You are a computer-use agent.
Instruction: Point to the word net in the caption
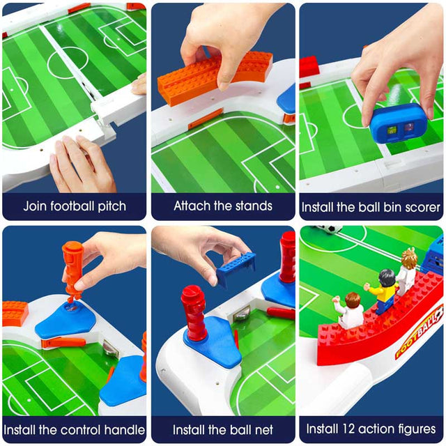(x=264, y=430)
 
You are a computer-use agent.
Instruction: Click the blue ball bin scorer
(x=398, y=124)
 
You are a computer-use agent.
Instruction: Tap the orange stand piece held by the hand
(x=215, y=77)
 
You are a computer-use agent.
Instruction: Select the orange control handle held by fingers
(x=72, y=270)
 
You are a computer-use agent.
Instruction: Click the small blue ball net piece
(x=236, y=266)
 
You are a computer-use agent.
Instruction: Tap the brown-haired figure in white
(x=350, y=310)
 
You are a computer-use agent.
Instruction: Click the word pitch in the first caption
(x=111, y=207)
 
